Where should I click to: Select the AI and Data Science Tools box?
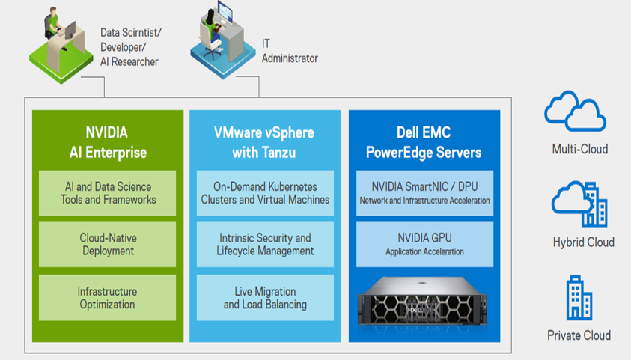(x=108, y=193)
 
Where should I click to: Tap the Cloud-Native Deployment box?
(x=108, y=243)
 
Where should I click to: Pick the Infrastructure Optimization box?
(x=108, y=298)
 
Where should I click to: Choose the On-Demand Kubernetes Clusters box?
(x=265, y=193)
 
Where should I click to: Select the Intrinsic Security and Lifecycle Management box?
(x=265, y=243)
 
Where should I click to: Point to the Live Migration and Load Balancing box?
(x=265, y=298)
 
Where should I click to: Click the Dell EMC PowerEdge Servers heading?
(x=424, y=142)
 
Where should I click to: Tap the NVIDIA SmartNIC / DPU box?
(x=424, y=193)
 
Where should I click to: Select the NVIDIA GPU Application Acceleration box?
(x=424, y=243)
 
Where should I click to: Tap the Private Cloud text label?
(x=579, y=335)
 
